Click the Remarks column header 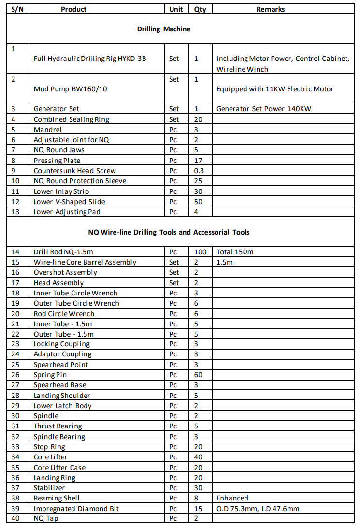[x=271, y=9]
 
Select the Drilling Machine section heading [x=164, y=29]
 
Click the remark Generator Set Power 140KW [x=264, y=109]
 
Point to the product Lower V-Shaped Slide [x=69, y=202]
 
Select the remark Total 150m [x=235, y=252]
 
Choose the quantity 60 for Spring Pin [x=198, y=375]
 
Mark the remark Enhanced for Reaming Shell [x=232, y=498]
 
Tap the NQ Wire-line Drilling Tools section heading [x=169, y=232]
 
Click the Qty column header [x=200, y=9]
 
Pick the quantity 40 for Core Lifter [x=198, y=457]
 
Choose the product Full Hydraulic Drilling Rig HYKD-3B [x=90, y=59]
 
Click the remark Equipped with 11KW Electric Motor [x=274, y=89]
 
